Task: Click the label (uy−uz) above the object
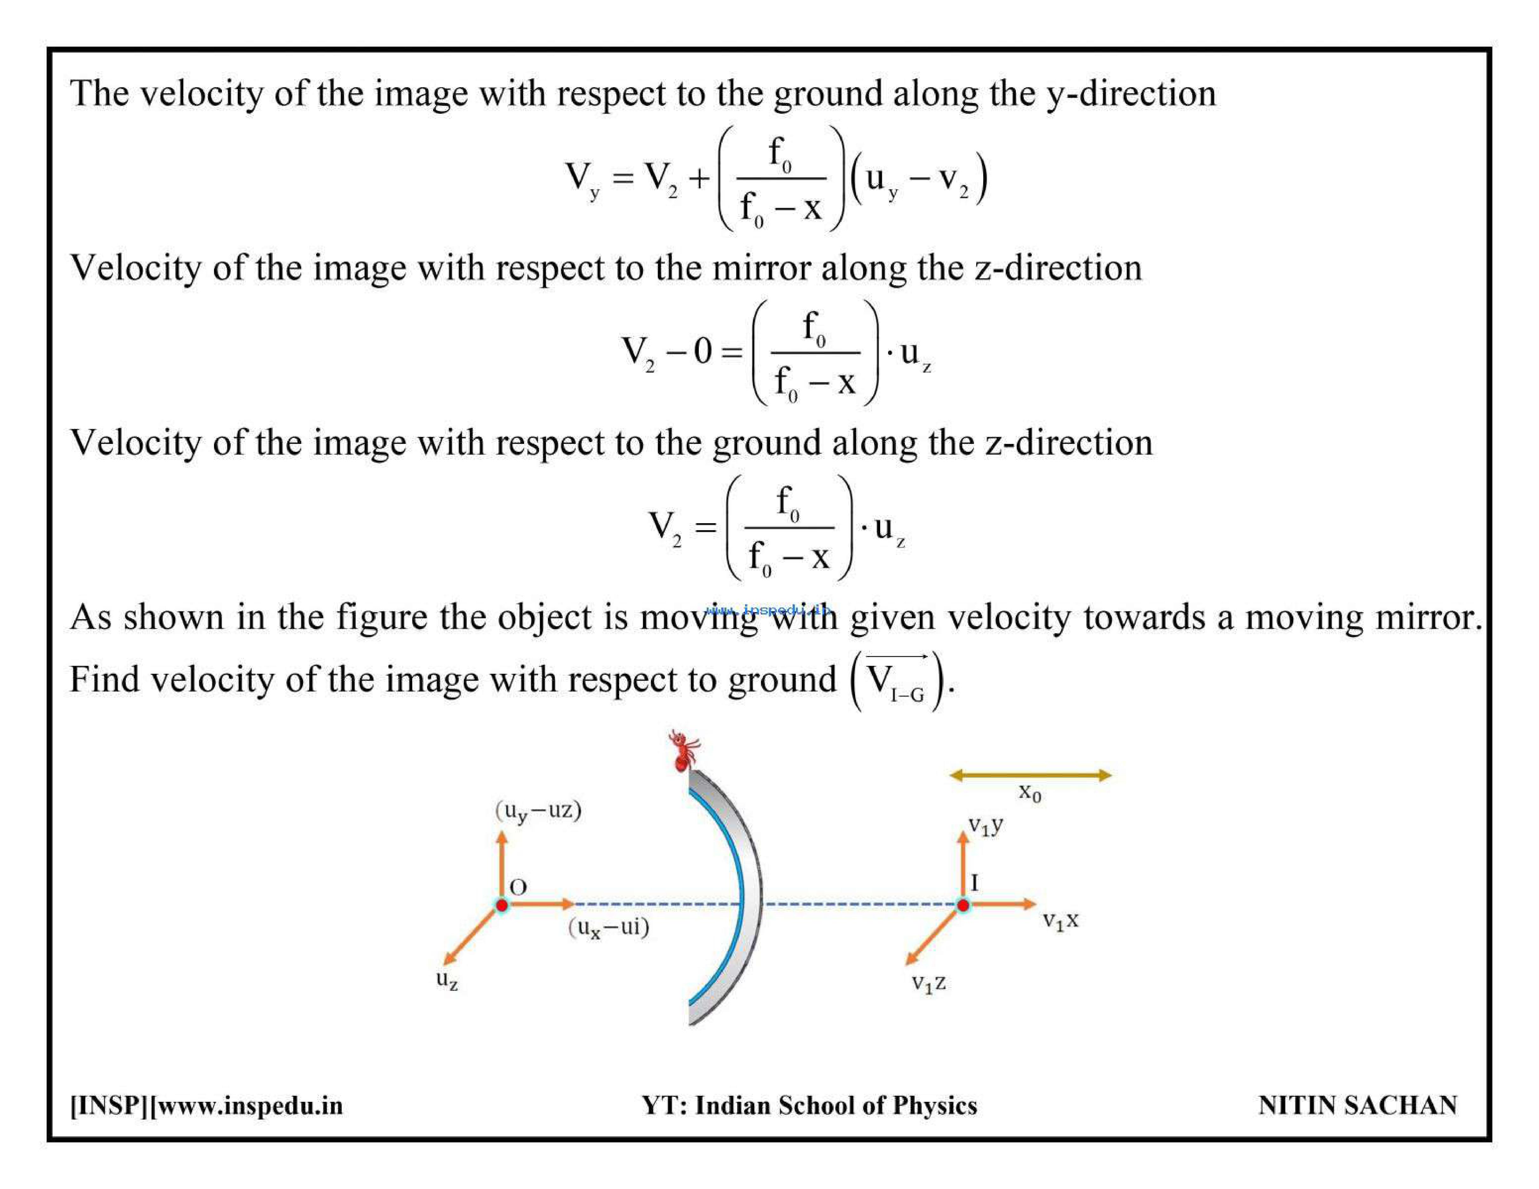538,810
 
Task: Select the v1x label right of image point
1061,920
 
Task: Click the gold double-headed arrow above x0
1030,775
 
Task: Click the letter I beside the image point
975,882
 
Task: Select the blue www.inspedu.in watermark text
768,610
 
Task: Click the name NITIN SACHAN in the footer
1357,1105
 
